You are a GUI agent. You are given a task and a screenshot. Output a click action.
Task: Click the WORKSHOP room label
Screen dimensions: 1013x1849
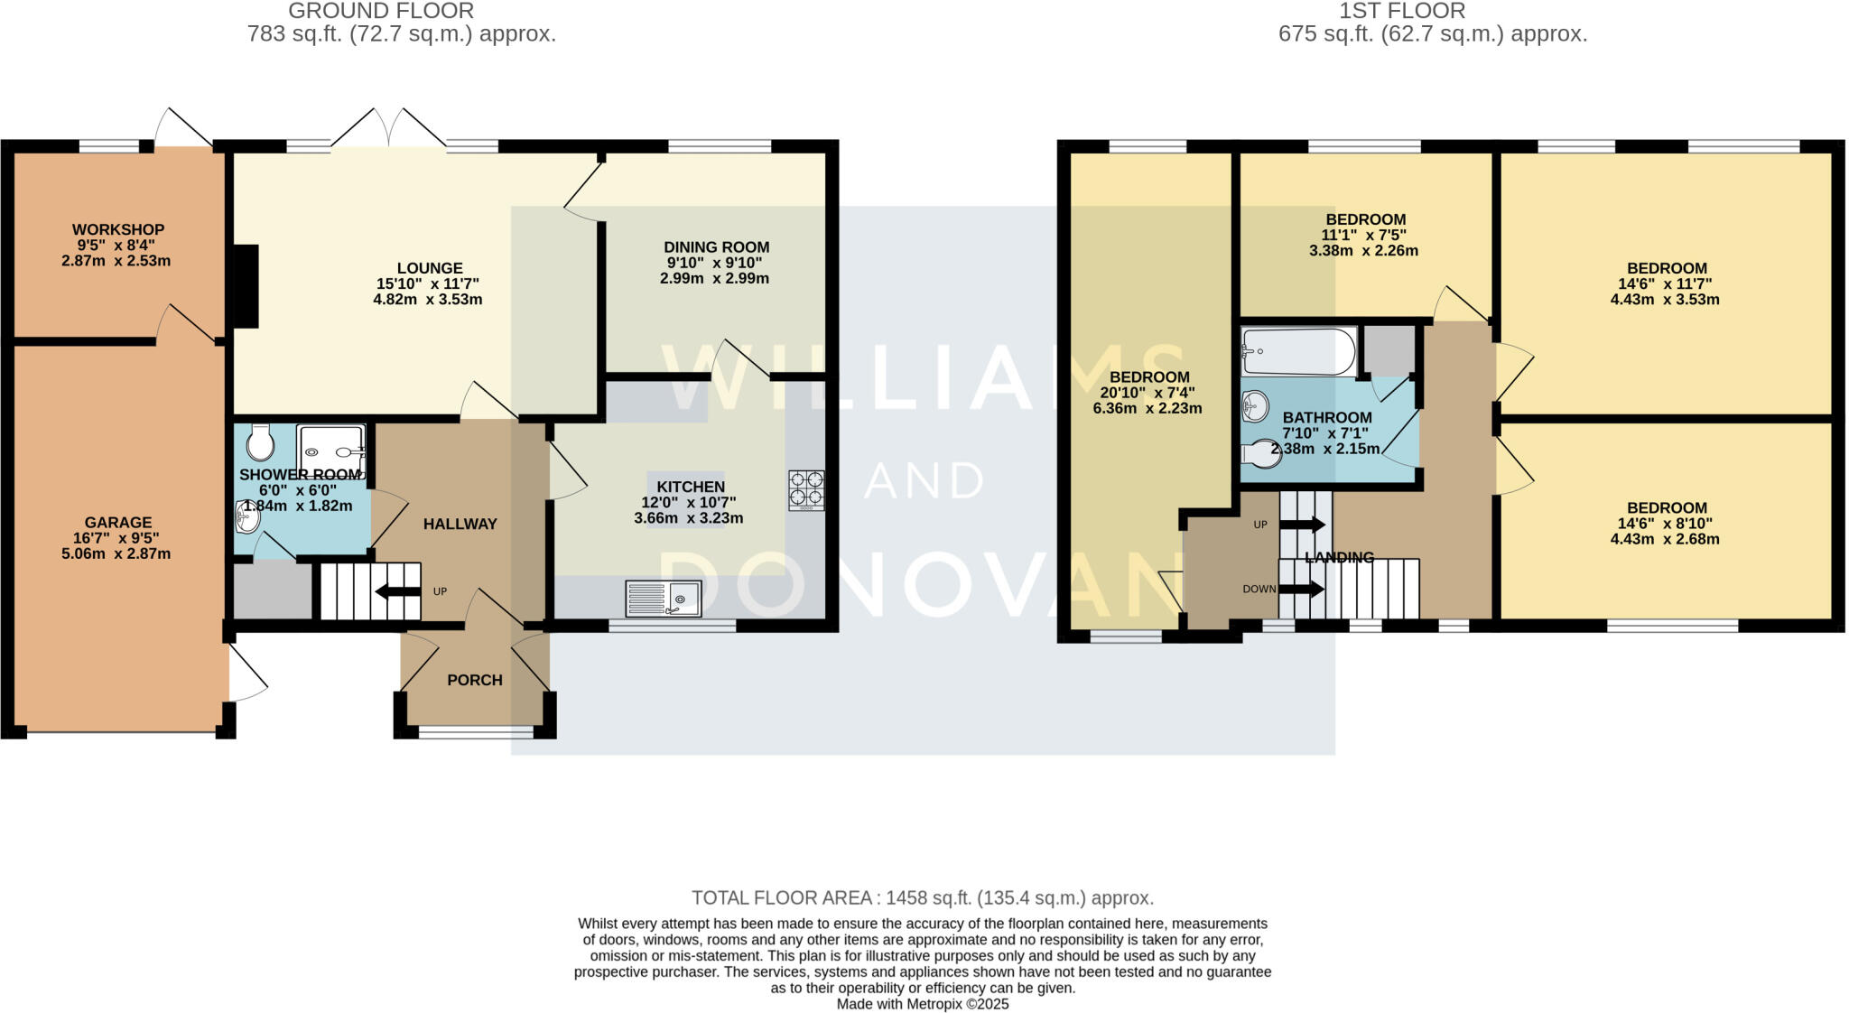118,230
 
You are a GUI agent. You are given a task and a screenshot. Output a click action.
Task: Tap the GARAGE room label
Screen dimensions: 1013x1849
118,523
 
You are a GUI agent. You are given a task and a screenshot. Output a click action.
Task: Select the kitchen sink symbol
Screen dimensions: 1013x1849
663,598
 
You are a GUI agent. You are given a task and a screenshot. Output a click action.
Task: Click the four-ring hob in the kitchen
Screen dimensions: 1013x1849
806,490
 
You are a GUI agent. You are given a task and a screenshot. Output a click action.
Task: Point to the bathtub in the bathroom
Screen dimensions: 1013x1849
1298,352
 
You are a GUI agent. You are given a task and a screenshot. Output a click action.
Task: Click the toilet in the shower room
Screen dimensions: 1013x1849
262,442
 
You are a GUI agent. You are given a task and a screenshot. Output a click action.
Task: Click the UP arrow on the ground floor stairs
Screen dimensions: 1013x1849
397,592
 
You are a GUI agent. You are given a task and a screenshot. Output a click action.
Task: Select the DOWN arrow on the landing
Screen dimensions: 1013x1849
1301,590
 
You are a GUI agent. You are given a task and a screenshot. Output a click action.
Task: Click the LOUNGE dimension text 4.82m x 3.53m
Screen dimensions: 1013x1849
428,300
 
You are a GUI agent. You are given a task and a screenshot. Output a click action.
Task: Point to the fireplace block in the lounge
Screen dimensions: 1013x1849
246,286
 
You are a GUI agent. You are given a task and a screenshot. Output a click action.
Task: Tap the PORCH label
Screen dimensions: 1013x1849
475,681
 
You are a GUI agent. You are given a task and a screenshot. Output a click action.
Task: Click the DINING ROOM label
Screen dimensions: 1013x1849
716,247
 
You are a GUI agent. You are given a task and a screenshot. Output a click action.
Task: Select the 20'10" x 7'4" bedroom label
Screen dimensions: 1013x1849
1148,393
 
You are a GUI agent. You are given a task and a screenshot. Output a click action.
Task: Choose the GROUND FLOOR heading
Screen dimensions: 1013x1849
381,12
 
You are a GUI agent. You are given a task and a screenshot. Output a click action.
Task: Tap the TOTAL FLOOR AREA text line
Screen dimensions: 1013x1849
922,898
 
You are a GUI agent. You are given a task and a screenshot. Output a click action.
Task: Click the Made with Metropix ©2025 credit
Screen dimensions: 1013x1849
922,1004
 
